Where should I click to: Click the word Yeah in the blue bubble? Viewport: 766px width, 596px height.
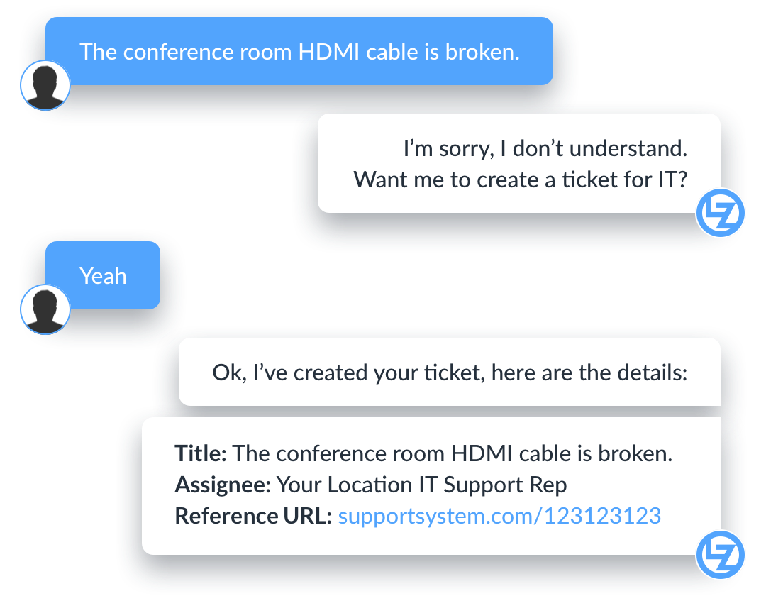coord(103,276)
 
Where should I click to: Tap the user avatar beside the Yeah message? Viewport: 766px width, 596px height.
coord(45,310)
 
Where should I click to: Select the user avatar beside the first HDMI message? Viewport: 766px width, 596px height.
coord(45,86)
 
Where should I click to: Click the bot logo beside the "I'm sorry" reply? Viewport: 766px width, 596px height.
coord(719,214)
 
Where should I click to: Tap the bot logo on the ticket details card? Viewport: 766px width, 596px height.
coord(719,554)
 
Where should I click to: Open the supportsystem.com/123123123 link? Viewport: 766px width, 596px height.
coord(499,516)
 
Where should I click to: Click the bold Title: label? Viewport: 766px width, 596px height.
coord(201,453)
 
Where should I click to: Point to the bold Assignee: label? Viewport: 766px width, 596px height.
coord(223,485)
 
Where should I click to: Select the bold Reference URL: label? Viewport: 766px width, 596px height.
coord(253,516)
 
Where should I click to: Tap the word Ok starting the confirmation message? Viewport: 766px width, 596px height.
coord(227,372)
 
